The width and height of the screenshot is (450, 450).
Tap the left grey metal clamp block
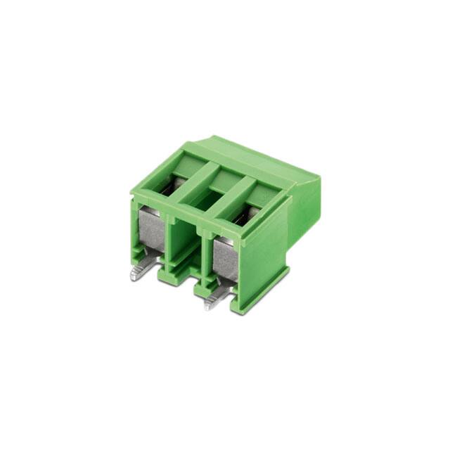click(x=150, y=232)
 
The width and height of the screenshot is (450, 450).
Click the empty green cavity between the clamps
click(x=184, y=243)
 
